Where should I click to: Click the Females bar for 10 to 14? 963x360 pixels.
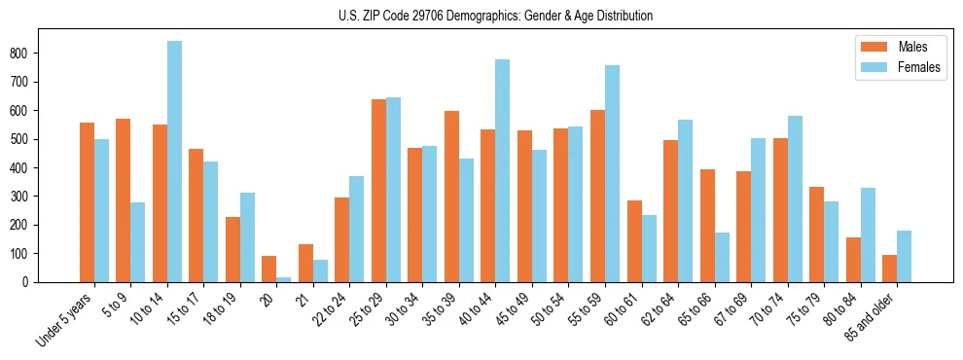pyautogui.click(x=174, y=162)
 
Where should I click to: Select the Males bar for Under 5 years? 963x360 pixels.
pyautogui.click(x=87, y=202)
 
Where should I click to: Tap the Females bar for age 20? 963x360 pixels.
pyautogui.click(x=284, y=279)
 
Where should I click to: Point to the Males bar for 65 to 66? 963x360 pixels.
pyautogui.click(x=707, y=226)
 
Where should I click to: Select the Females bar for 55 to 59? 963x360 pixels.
pyautogui.click(x=612, y=174)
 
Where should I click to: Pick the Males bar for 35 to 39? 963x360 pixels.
pyautogui.click(x=451, y=197)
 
